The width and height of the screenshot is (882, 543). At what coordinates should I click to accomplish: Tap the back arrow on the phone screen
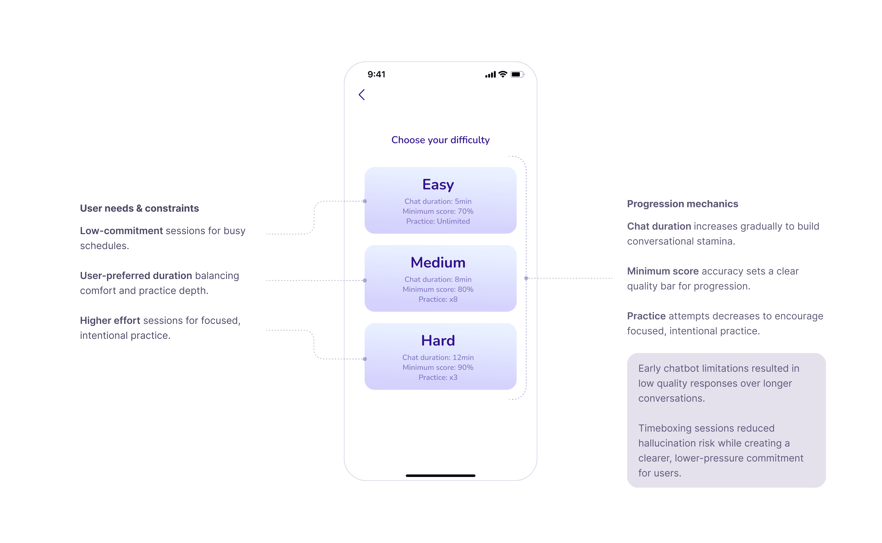pyautogui.click(x=362, y=95)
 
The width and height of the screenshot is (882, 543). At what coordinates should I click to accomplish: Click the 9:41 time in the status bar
pyautogui.click(x=376, y=74)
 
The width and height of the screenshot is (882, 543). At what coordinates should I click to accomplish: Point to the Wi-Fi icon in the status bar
pyautogui.click(x=503, y=74)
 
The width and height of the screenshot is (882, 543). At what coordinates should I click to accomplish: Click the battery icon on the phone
pyautogui.click(x=517, y=74)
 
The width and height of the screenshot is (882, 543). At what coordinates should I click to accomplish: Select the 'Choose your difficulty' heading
pyautogui.click(x=440, y=140)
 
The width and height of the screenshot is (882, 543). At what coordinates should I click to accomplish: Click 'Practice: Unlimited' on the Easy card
pyautogui.click(x=438, y=221)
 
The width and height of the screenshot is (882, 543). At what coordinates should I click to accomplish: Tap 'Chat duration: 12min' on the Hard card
pyautogui.click(x=438, y=357)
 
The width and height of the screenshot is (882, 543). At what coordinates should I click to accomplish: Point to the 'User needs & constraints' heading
pyautogui.click(x=139, y=208)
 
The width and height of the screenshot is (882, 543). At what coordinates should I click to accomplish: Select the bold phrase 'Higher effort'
pyautogui.click(x=110, y=320)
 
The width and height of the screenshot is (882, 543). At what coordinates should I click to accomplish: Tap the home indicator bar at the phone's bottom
pyautogui.click(x=440, y=475)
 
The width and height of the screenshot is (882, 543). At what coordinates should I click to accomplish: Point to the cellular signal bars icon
pyautogui.click(x=490, y=75)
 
